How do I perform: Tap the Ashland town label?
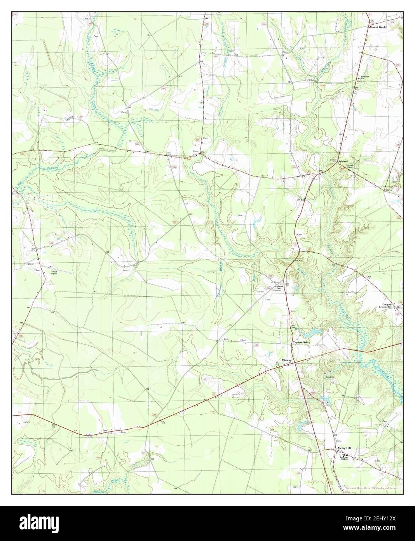click(342, 161)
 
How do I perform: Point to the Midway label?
click(287, 360)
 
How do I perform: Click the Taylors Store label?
click(303, 342)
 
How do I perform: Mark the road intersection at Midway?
click(295, 362)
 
